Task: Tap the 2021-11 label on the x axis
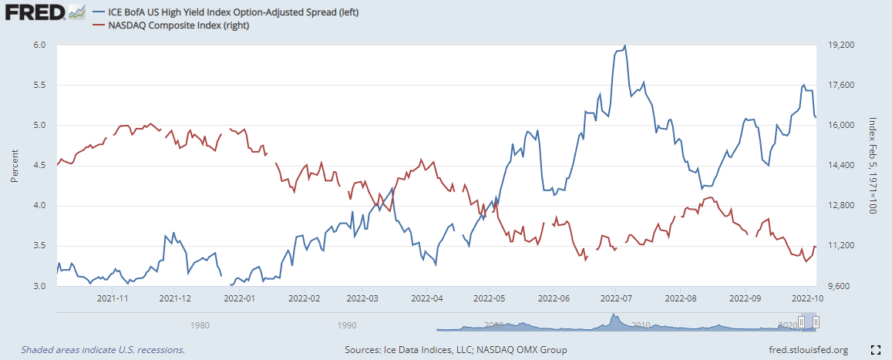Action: pyautogui.click(x=113, y=297)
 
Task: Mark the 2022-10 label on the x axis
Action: pyautogui.click(x=806, y=297)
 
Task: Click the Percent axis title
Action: pyautogui.click(x=14, y=166)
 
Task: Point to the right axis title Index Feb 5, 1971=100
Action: pyautogui.click(x=873, y=166)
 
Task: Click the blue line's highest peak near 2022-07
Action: pyautogui.click(x=624, y=45)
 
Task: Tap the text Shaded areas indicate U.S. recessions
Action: pyautogui.click(x=103, y=350)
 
